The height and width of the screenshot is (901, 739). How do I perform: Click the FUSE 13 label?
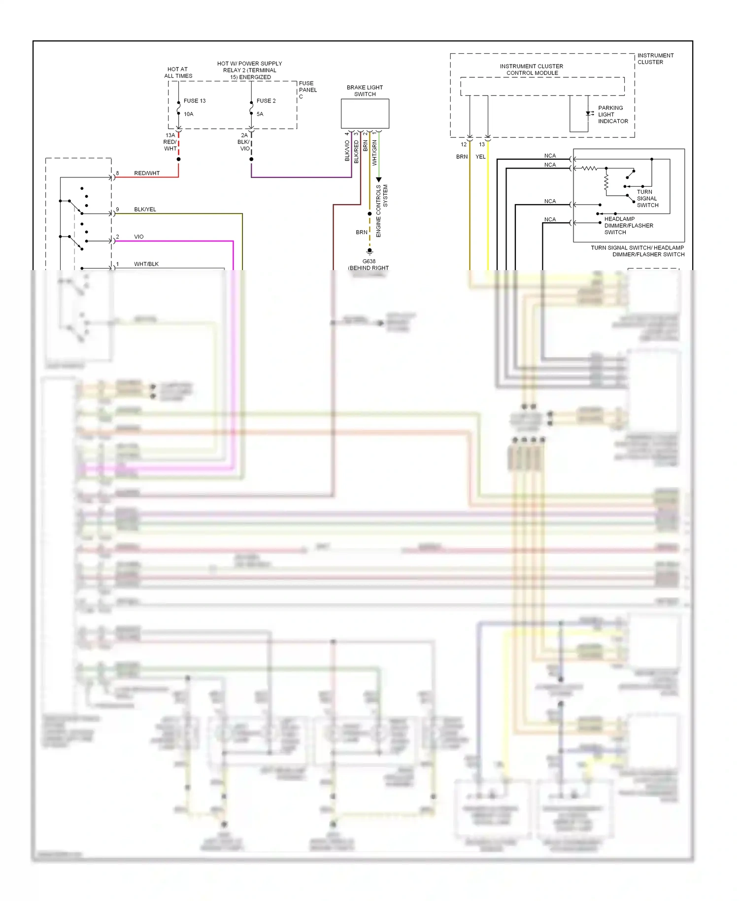(x=195, y=101)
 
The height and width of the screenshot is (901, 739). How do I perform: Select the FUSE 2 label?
(x=266, y=101)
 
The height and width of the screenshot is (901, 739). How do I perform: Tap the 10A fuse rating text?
(x=189, y=114)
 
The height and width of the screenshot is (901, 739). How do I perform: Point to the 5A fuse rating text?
(x=260, y=114)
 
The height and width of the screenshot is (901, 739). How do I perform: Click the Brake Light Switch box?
(x=365, y=114)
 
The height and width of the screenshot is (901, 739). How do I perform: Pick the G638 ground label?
(x=369, y=262)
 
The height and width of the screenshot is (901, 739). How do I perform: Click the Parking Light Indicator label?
(x=612, y=114)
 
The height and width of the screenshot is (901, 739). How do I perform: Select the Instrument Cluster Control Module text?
(x=532, y=69)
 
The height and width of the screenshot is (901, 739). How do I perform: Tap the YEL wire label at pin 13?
(x=480, y=157)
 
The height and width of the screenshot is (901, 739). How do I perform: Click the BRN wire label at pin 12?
(x=462, y=157)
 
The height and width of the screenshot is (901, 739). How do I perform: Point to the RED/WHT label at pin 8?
(x=147, y=173)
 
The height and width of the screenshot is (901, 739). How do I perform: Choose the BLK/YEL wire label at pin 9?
(x=145, y=209)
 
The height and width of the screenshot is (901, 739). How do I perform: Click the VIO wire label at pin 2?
(x=139, y=237)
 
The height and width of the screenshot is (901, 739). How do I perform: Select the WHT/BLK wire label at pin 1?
(x=146, y=264)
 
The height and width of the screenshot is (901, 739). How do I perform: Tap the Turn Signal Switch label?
(x=647, y=199)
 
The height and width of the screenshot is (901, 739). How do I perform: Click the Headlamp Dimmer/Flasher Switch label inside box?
(x=629, y=226)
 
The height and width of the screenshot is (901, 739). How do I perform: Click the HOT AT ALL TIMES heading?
(x=178, y=72)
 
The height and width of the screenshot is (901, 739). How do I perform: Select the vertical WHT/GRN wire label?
(x=374, y=153)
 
